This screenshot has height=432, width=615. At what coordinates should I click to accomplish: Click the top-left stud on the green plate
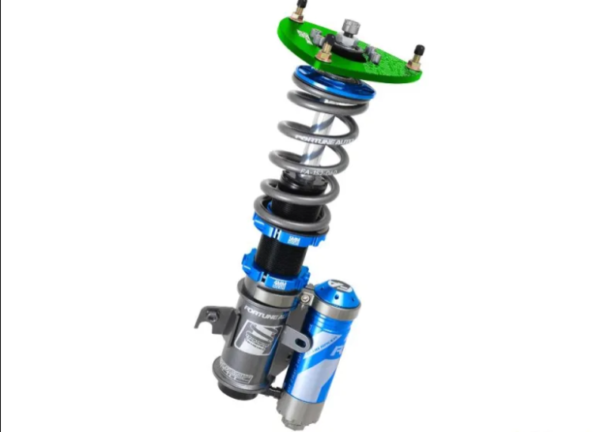(x=299, y=12)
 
